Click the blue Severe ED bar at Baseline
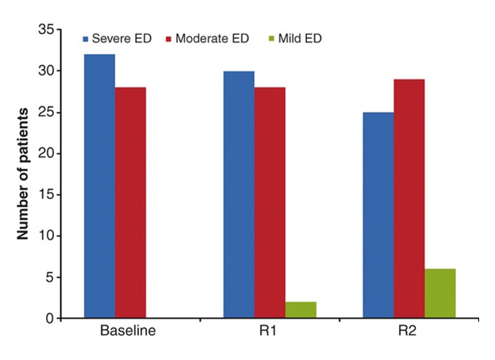pos(99,186)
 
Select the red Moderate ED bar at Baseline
pos(130,203)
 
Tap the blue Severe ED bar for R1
pos(239,195)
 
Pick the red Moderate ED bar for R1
pos(270,203)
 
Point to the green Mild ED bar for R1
pos(301,310)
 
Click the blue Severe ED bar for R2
pos(378,216)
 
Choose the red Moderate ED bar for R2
pos(409,199)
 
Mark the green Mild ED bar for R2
pos(439,293)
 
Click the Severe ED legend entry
pos(119,38)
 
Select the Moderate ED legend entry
pos(205,38)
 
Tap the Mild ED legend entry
pos(294,38)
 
